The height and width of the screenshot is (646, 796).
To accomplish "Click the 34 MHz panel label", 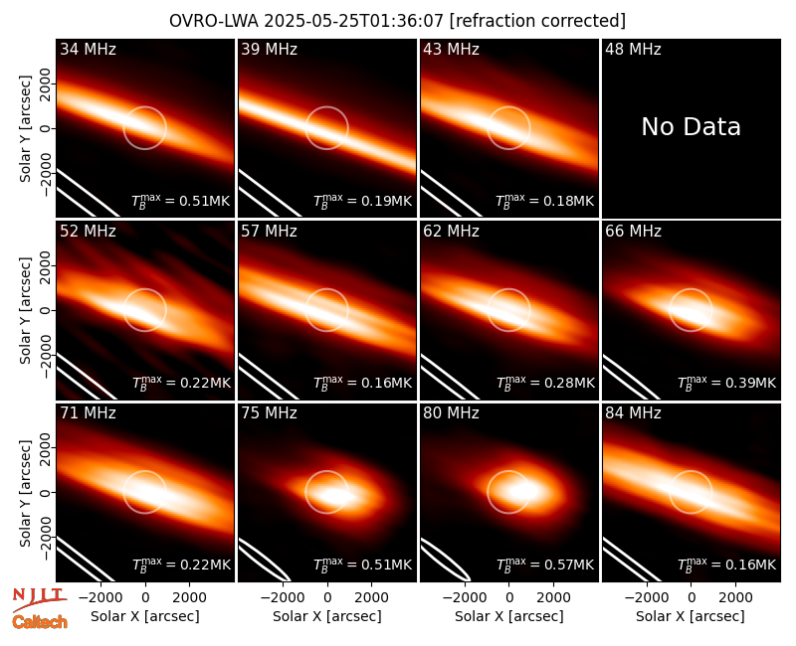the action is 88,49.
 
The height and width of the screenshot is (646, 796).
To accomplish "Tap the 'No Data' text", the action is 691,126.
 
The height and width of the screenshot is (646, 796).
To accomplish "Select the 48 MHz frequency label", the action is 633,49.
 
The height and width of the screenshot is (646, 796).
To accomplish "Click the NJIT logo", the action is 39,598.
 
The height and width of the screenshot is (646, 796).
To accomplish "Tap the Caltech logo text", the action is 40,622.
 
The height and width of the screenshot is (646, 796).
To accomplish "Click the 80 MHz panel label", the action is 451,413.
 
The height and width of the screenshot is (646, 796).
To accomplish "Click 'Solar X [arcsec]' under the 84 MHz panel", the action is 691,616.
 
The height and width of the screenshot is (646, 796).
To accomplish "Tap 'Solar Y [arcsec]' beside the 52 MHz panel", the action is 25,310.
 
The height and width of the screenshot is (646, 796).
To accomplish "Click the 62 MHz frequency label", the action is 451,232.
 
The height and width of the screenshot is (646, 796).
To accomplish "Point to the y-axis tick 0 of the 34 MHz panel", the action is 46,128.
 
